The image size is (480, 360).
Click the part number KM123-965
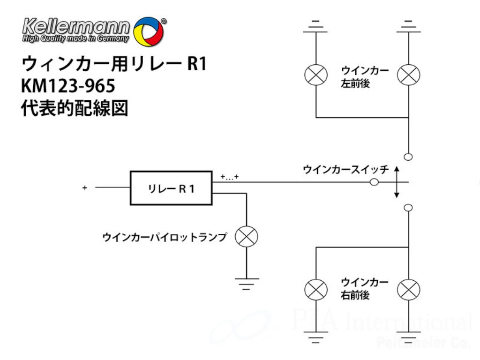pyautogui.click(x=68, y=87)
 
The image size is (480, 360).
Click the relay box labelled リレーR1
pyautogui.click(x=171, y=188)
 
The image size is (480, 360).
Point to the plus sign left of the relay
pyautogui.click(x=85, y=188)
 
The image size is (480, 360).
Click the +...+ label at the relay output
pyautogui.click(x=230, y=177)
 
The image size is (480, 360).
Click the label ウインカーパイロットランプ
pyautogui.click(x=164, y=238)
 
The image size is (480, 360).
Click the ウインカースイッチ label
pyautogui.click(x=346, y=169)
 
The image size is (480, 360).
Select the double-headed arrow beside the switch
pyautogui.click(x=397, y=181)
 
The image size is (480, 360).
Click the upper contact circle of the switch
pyautogui.click(x=408, y=157)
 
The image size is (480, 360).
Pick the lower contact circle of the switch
pyautogui.click(x=408, y=207)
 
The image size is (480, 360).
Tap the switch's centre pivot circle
pyautogui.click(x=375, y=182)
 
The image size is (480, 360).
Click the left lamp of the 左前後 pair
pyautogui.click(x=316, y=75)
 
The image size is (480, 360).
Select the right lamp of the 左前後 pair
pyautogui.click(x=408, y=75)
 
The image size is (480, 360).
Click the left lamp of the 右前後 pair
pyautogui.click(x=316, y=289)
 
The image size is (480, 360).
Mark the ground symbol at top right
pyautogui.click(x=408, y=27)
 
